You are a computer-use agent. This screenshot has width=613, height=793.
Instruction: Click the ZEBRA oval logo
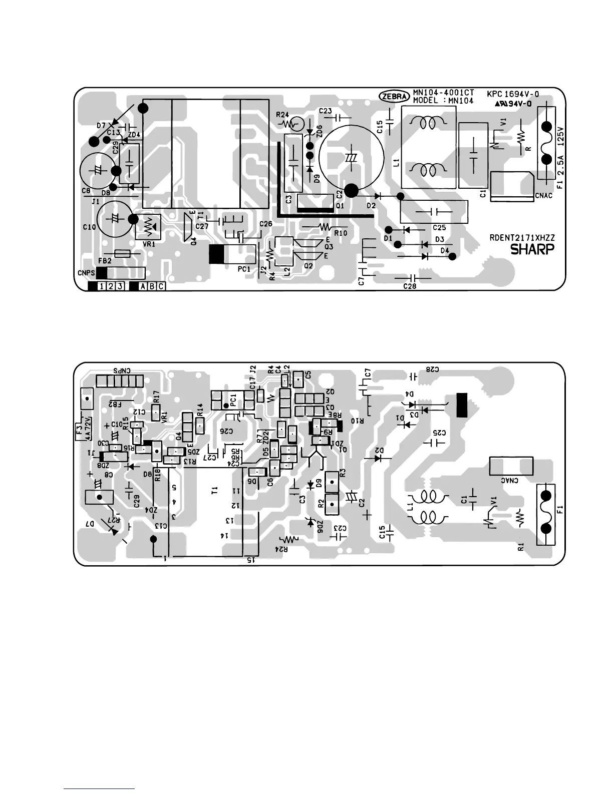tap(394, 96)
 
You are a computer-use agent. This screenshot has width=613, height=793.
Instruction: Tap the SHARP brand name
tap(532, 249)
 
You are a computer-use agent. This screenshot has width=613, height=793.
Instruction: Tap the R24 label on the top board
tap(283, 115)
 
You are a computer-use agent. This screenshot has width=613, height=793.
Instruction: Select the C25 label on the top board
tap(439, 228)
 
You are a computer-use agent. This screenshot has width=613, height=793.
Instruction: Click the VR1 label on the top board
tap(149, 244)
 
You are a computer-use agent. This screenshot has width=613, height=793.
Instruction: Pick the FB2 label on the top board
tap(105, 261)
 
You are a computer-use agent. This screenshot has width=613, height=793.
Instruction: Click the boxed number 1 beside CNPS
tap(102, 286)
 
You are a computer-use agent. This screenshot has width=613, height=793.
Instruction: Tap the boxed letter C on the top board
tap(161, 286)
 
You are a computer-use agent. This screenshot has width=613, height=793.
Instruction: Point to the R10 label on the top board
tap(340, 233)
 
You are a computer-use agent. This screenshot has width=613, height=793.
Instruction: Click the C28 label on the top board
tap(410, 286)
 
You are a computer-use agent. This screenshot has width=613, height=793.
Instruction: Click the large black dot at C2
tap(352, 190)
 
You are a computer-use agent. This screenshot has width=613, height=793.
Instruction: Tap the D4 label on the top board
tap(445, 250)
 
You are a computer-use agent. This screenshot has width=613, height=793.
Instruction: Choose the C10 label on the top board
tap(89, 227)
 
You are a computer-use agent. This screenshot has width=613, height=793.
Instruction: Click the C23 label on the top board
tap(325, 111)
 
